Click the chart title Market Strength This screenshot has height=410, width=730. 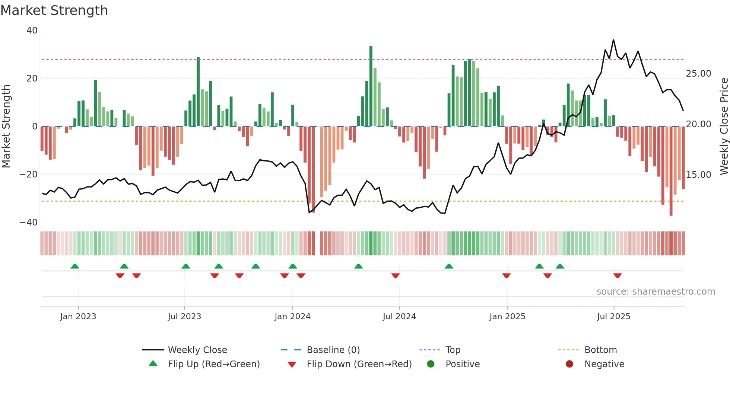54,10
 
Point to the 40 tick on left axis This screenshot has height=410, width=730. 32,31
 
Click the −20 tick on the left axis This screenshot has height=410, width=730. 29,174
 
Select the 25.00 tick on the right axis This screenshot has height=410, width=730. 698,74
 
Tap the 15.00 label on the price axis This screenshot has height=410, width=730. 698,175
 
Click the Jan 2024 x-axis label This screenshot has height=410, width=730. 292,317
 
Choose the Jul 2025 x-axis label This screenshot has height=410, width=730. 613,317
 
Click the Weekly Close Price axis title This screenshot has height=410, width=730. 724,126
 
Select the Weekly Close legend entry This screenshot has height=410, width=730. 197,350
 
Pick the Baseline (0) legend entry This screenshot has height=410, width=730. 333,350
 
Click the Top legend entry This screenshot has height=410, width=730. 453,350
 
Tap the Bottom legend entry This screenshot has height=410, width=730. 600,350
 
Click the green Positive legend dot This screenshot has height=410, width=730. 431,364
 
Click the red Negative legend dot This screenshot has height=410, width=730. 569,364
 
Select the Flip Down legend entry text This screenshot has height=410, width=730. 359,364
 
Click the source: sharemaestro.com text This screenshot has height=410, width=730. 656,292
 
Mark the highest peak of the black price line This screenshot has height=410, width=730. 613,40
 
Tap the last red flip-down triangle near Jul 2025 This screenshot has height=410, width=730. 618,276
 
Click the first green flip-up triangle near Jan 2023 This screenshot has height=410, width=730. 75,266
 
